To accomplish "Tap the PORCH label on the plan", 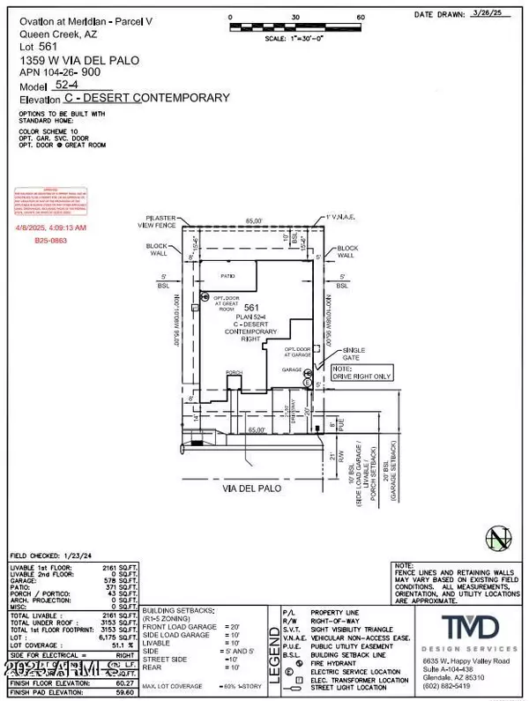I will click(x=235, y=373).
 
